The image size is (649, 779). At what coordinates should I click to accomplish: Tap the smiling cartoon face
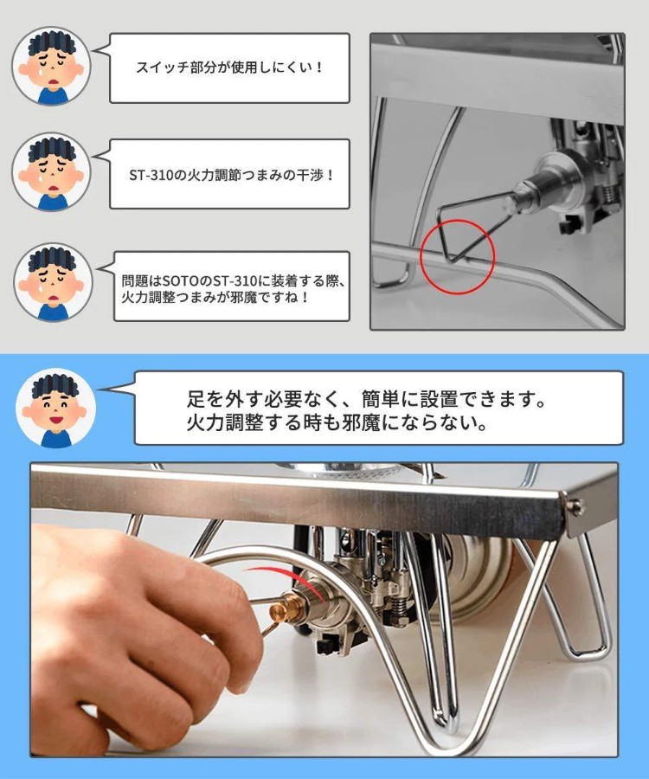pos(55,409)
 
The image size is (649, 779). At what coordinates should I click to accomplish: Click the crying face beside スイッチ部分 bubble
pos(52,66)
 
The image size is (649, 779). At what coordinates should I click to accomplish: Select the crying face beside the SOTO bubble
pos(53,282)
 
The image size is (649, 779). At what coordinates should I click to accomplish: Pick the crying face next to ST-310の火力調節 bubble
pos(52,172)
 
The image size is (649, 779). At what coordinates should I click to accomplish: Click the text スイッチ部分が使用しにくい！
pos(230,67)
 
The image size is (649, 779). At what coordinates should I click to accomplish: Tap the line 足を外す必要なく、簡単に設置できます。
pos(366,398)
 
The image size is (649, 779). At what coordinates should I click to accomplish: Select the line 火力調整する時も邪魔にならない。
pos(337,422)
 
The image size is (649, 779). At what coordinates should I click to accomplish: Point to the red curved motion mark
pos(293,580)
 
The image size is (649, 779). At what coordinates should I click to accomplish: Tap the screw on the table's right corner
pos(576,506)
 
